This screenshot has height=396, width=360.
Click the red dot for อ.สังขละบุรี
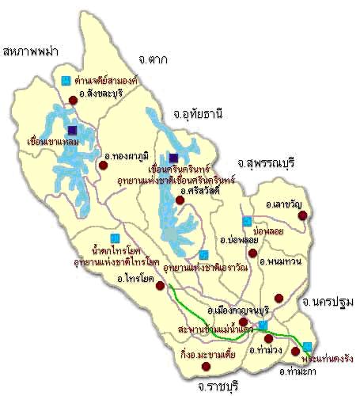(73, 99)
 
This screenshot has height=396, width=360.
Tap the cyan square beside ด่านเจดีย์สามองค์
(65, 79)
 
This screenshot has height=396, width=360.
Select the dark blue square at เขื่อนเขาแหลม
(72, 131)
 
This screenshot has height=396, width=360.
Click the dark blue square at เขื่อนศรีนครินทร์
(173, 158)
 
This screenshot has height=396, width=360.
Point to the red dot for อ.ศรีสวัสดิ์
(180, 200)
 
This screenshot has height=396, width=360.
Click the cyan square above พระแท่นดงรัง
(307, 346)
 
